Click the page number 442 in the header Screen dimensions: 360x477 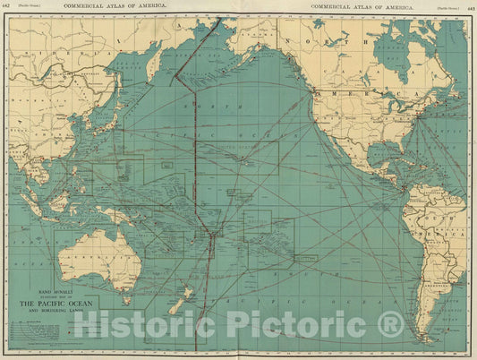pos(8,6)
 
